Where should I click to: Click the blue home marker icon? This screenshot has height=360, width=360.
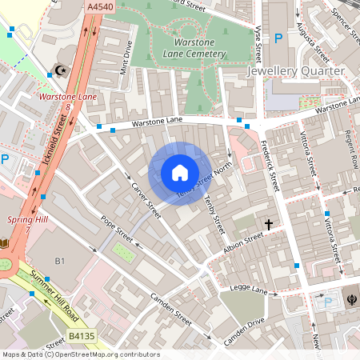(179, 173)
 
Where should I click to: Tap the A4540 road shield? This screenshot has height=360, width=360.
(96, 6)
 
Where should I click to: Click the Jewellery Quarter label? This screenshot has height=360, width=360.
(295, 71)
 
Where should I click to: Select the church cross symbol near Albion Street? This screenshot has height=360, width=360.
(269, 225)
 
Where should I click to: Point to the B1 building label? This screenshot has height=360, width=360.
(59, 262)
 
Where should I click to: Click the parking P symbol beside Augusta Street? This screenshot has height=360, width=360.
(278, 38)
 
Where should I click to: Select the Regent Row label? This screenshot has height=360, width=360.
(350, 151)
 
